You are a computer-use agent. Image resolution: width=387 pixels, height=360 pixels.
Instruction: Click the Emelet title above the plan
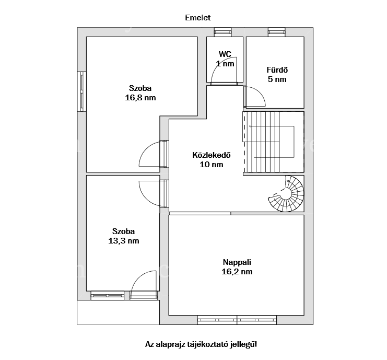pos(198,18)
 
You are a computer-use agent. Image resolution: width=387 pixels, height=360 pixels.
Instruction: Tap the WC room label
pos(225,54)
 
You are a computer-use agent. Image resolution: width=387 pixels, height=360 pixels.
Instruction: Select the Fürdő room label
pos(277,70)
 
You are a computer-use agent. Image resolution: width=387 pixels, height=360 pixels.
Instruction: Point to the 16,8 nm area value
pos(140,98)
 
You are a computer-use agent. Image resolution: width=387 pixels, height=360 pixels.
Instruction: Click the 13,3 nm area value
pos(124,241)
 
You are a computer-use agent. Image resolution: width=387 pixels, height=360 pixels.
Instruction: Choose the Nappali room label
pos(237,262)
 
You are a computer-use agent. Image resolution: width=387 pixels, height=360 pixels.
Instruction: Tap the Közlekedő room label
pos(212,155)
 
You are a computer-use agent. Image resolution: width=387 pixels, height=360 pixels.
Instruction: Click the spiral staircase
pos(286,193)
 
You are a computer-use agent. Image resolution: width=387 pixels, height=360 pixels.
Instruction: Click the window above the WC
pos(222,32)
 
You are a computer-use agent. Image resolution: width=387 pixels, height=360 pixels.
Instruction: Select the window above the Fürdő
pos(277,32)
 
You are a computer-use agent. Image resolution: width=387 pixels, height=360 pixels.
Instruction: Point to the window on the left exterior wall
pos(81,91)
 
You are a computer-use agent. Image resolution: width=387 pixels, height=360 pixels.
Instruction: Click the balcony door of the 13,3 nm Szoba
pos(144,295)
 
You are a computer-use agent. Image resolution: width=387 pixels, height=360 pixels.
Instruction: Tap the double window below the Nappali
pos(237,320)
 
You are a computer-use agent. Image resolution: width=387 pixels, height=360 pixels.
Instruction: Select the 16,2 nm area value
pos(237,272)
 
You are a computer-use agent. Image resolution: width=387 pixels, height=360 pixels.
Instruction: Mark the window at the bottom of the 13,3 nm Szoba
pos(108,296)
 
